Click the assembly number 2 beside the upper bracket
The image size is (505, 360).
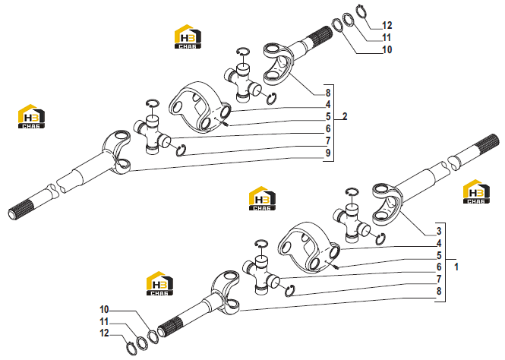click(x=345, y=116)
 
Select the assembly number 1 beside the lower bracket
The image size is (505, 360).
click(x=456, y=267)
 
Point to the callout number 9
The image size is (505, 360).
click(x=328, y=153)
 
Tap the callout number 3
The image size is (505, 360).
click(x=439, y=231)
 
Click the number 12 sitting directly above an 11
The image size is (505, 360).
click(x=387, y=25)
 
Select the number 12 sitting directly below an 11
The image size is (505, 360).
click(x=104, y=333)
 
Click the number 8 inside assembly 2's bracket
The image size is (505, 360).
click(x=328, y=93)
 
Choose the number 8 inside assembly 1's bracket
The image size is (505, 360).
click(x=439, y=291)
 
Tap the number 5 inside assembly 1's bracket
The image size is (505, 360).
click(x=439, y=255)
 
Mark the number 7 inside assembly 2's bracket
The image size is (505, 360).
click(x=328, y=141)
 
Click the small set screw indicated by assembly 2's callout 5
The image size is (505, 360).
click(x=226, y=124)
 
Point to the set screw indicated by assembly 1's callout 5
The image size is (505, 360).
click(x=336, y=266)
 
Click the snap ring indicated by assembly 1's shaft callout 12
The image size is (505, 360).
click(x=131, y=349)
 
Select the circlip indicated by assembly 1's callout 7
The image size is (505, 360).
click(x=290, y=291)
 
